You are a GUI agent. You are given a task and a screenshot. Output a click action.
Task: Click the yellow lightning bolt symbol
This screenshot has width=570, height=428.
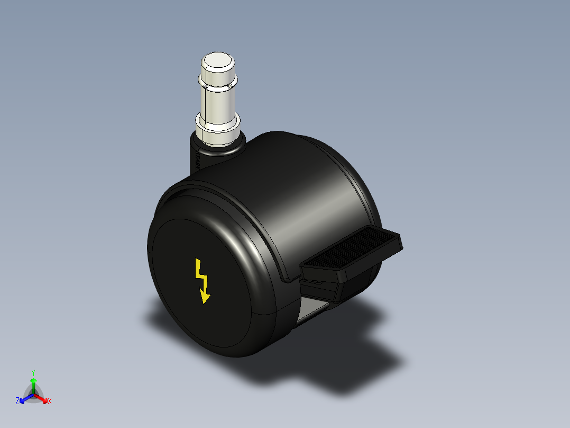(x=201, y=280)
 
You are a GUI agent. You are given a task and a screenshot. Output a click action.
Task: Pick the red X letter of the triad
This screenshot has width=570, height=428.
(x=50, y=402)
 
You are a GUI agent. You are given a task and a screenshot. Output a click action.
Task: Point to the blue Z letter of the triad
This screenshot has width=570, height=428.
(x=17, y=401)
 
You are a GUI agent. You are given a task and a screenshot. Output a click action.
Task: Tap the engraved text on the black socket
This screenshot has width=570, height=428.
(x=197, y=159)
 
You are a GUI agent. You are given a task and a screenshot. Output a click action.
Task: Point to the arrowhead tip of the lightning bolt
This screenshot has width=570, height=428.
(x=205, y=301)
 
